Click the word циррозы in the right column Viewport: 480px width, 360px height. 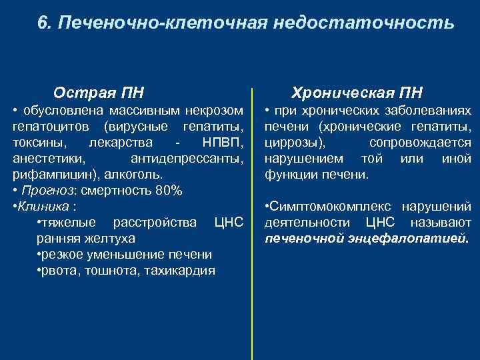(x=295, y=142)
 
